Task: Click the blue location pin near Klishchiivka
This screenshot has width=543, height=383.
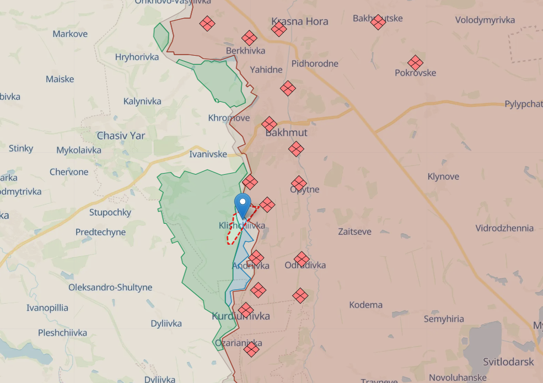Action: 242,204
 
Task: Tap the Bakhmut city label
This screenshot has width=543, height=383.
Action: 286,133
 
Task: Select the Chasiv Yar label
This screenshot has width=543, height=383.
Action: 121,136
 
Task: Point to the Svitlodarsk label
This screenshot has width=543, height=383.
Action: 508,362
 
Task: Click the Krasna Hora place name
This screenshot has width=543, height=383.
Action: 300,21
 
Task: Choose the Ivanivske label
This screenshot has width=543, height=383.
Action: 208,154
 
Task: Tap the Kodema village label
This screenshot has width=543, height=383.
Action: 365,305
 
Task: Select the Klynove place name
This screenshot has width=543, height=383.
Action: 443,177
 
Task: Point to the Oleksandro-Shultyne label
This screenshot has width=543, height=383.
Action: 110,288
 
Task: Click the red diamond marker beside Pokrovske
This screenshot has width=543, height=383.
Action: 415,62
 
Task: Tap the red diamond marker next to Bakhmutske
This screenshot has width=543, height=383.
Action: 378,23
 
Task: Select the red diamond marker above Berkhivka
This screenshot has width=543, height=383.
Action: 249,38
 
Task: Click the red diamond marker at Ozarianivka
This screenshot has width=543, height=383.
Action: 251,349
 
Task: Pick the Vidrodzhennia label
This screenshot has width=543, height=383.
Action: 504,228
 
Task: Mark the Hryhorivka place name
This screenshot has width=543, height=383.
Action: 137,57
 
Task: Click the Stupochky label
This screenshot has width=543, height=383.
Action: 110,212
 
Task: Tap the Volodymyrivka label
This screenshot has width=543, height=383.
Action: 485,20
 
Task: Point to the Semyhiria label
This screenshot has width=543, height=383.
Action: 444,319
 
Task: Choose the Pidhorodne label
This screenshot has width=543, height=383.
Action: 315,63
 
